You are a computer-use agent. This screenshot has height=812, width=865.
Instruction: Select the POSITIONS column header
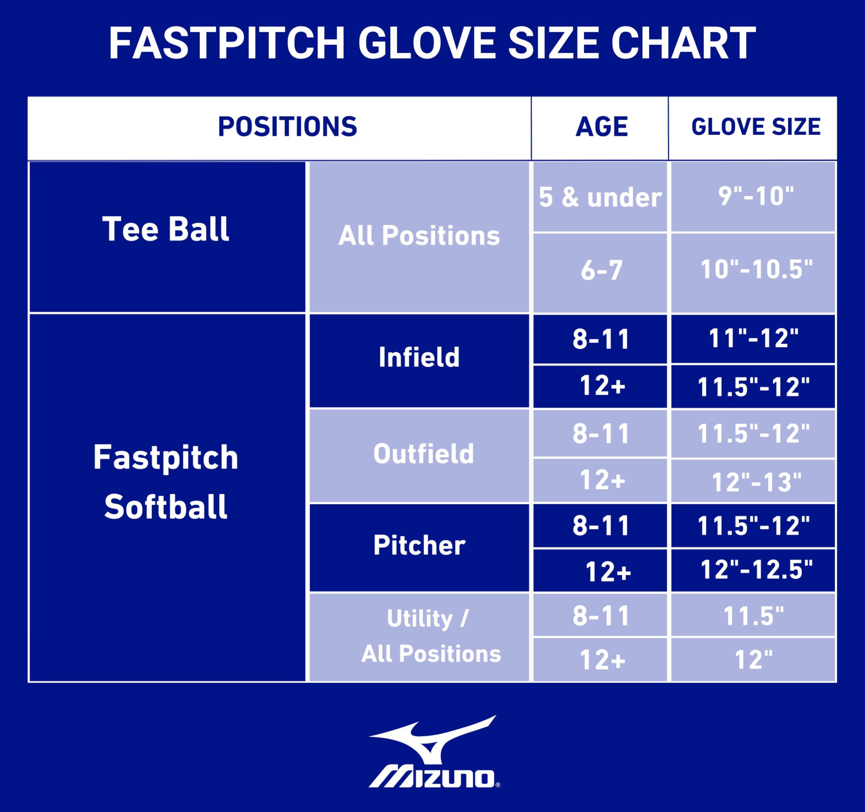pos(287,127)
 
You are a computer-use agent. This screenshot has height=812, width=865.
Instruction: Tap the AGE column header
pos(601,127)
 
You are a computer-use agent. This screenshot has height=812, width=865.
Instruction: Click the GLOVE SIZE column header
pos(756,127)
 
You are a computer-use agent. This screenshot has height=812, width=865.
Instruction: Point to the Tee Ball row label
pos(165,229)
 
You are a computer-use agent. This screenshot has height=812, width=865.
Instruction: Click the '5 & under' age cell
pos(600,197)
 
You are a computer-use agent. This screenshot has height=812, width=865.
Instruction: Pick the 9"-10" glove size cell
pos(756,196)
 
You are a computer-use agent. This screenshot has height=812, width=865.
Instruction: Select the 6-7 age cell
pos(601,270)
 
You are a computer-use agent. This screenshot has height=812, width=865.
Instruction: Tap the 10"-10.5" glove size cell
pos(756,269)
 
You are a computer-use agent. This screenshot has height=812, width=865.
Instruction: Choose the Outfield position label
pos(423,454)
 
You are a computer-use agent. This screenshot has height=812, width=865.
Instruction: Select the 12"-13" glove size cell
pos(756,482)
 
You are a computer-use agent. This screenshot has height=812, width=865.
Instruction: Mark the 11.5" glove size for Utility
pos(753,616)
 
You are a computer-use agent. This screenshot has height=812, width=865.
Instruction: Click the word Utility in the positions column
pos(419,618)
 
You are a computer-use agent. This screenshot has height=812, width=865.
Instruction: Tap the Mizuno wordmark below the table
pos(433,778)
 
